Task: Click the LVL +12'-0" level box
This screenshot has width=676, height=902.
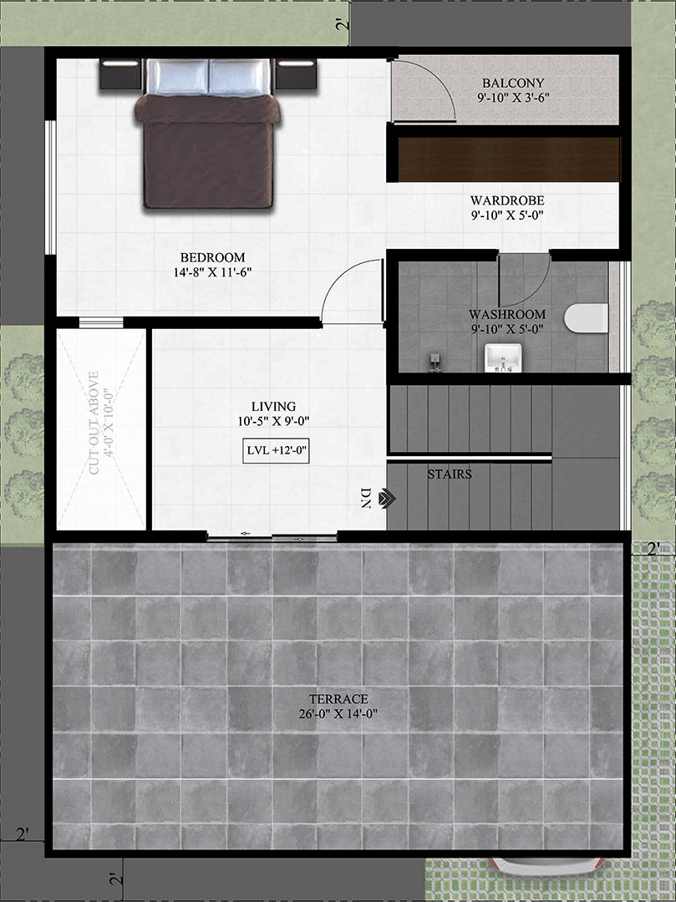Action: coord(276,451)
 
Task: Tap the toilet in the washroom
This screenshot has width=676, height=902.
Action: coord(586,318)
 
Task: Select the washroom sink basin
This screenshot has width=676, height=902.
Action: coord(503,357)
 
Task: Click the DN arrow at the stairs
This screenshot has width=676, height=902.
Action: coord(389,498)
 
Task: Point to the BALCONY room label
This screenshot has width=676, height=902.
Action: coord(512,84)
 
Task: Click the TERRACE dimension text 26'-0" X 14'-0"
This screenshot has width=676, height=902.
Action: coord(338,714)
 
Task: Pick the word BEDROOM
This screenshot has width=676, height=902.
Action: coord(212,258)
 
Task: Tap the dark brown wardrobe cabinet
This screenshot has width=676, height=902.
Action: coord(509,160)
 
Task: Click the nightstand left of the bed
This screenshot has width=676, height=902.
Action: coord(120,74)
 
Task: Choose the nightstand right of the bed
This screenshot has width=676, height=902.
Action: coord(296,74)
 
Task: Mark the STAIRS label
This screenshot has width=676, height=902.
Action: coord(450,474)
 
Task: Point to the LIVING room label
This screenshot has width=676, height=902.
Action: coord(274,407)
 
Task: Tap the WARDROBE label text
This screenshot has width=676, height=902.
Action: coord(507,200)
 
